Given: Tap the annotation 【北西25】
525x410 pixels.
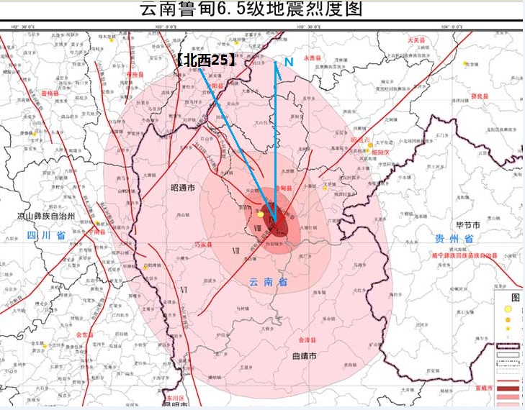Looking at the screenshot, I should click(205, 61).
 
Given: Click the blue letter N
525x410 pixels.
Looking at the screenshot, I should click(288, 63).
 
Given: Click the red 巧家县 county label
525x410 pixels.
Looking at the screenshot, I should click(205, 245).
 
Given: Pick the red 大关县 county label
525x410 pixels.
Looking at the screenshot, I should click(416, 40).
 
